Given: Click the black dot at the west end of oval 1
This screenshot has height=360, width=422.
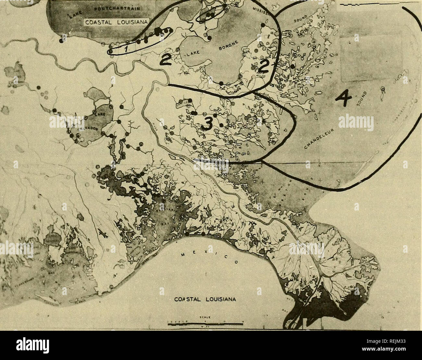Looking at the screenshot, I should pyautogui.click(x=110, y=51).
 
